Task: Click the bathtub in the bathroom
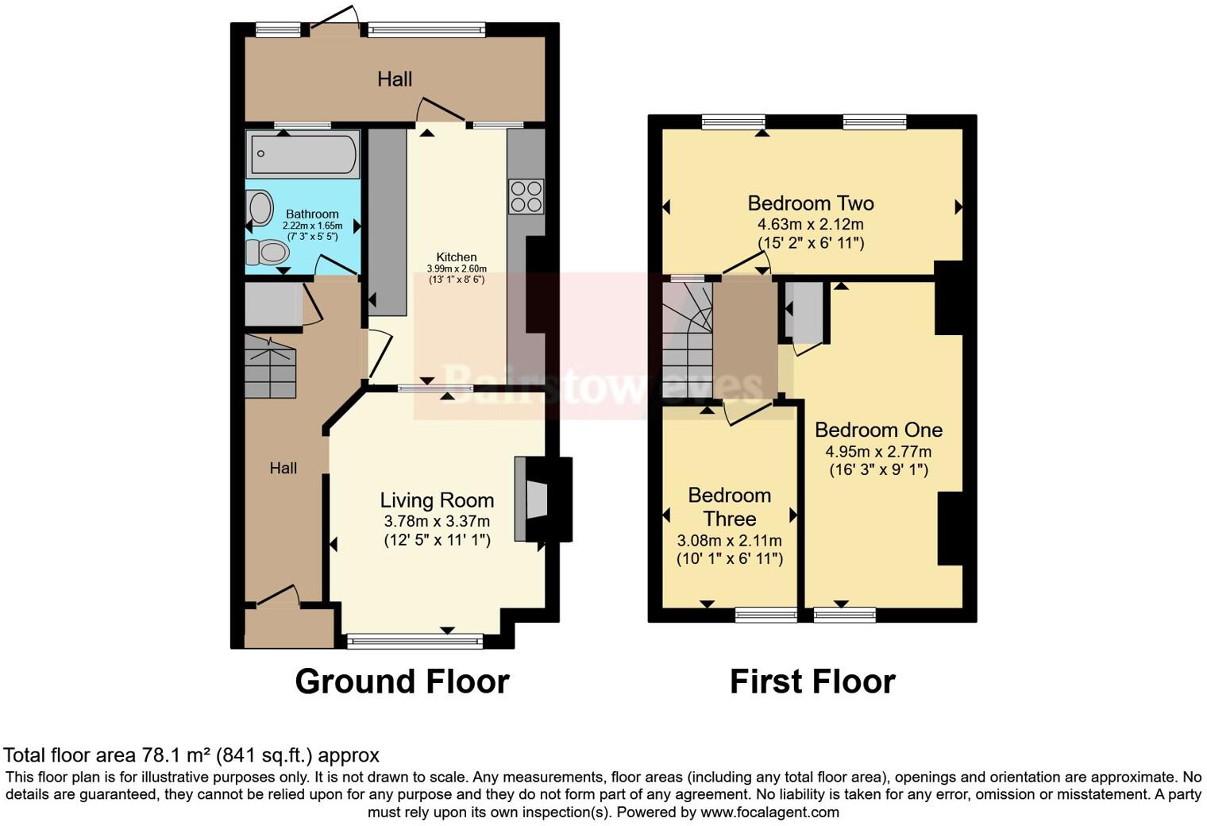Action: tap(303, 155)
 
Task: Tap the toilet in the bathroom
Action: tap(267, 253)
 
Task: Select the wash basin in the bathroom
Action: tap(260, 209)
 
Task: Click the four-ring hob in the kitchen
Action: tap(526, 196)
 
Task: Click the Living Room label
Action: tap(437, 500)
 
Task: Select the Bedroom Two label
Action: tap(811, 203)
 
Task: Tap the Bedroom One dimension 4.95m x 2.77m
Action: tap(878, 451)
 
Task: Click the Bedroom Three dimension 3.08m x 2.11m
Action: tap(729, 540)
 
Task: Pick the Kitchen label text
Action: tap(457, 257)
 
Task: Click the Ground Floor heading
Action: tap(402, 681)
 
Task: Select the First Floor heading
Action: tap(812, 681)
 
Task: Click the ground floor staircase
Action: tap(270, 367)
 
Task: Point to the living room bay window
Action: tap(415, 639)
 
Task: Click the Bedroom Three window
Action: tap(765, 614)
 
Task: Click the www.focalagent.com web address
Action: tap(769, 812)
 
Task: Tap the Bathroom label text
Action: tap(312, 214)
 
